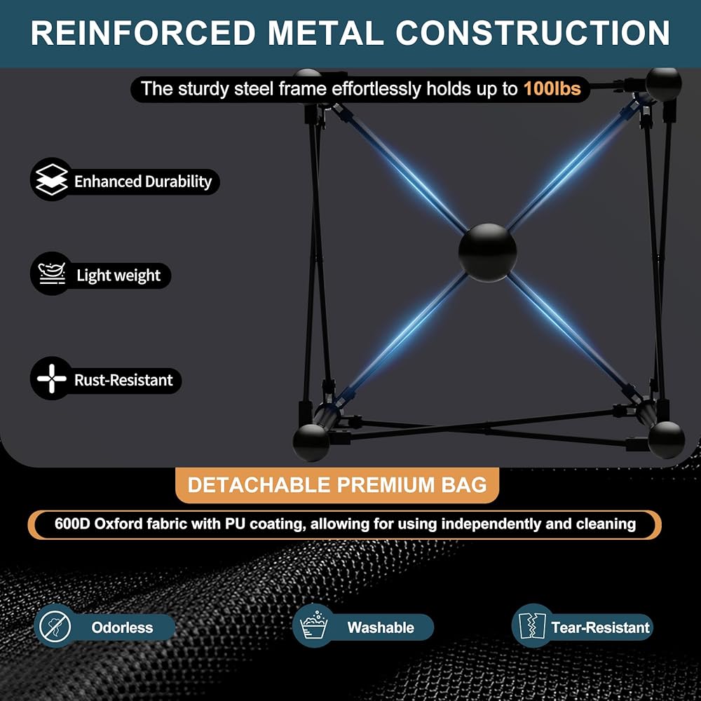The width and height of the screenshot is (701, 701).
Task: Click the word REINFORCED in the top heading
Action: [143, 33]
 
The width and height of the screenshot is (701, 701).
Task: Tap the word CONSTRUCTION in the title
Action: [533, 33]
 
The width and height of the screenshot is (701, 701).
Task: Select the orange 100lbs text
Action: [552, 89]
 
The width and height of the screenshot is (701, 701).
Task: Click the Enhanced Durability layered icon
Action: [52, 182]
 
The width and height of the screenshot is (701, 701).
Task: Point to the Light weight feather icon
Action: [52, 275]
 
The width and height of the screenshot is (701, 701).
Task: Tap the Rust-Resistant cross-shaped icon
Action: [52, 380]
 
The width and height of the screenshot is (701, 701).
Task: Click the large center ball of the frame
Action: [487, 252]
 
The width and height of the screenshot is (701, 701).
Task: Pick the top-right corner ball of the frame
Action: [663, 84]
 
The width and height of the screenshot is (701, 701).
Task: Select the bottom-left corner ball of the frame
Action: [311, 442]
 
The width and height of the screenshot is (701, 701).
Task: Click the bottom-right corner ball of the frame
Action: [666, 440]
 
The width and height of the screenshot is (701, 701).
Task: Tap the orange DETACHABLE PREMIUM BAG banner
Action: [337, 485]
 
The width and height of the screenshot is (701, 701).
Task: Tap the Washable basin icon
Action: [313, 626]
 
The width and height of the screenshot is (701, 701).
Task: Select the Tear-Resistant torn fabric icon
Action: [531, 626]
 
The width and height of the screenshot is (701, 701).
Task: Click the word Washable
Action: [381, 627]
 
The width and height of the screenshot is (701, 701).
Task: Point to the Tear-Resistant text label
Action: [600, 627]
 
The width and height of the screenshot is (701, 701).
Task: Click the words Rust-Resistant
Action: [123, 381]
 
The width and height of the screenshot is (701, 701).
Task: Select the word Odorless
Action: [122, 627]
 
